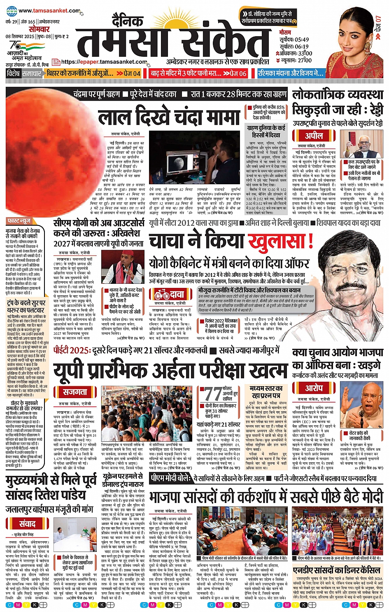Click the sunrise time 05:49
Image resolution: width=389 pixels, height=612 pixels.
301,39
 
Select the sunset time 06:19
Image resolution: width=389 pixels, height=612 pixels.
301,46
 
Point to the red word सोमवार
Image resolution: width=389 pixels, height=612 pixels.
39,29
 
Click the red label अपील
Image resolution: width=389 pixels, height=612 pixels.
313,136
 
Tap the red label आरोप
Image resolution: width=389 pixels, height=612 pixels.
314,388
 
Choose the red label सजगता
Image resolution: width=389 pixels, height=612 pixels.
75,392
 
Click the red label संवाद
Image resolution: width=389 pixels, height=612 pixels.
27,524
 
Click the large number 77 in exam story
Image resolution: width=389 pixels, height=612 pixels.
213,394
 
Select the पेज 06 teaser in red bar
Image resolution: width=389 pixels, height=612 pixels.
235,73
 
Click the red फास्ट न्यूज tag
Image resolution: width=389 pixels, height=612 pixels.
19,221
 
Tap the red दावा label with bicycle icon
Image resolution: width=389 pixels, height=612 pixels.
169,294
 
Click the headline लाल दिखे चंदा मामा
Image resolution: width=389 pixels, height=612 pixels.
169,117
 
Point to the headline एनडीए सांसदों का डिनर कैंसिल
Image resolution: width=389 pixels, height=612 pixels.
336,570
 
